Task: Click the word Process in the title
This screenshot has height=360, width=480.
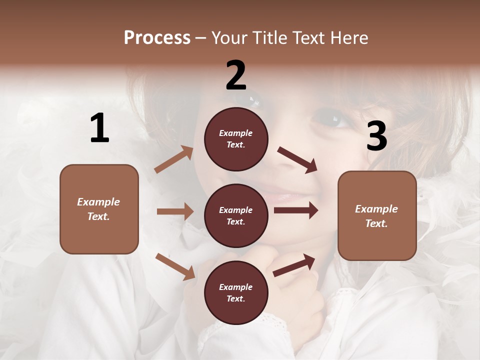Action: click(x=157, y=37)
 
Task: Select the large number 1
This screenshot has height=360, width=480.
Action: click(x=99, y=128)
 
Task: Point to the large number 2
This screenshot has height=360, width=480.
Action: click(x=236, y=75)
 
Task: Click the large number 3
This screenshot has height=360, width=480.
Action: click(x=376, y=136)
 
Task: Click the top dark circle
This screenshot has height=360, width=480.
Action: click(x=236, y=139)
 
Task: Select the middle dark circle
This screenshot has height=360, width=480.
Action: click(x=236, y=215)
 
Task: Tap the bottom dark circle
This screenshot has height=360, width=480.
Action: click(x=236, y=292)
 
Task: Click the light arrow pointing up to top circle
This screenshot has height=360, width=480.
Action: click(x=174, y=159)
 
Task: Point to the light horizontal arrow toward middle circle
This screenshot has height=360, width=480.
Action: click(x=175, y=211)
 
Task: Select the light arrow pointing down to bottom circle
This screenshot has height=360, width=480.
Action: click(x=175, y=266)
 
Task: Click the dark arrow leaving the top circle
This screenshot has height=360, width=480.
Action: click(x=297, y=160)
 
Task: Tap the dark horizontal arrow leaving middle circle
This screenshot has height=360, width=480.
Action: click(x=296, y=210)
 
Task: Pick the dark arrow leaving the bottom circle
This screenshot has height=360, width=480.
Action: click(x=294, y=265)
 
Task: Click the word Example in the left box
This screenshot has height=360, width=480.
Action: click(x=98, y=202)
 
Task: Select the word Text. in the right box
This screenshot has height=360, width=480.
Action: click(x=376, y=223)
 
